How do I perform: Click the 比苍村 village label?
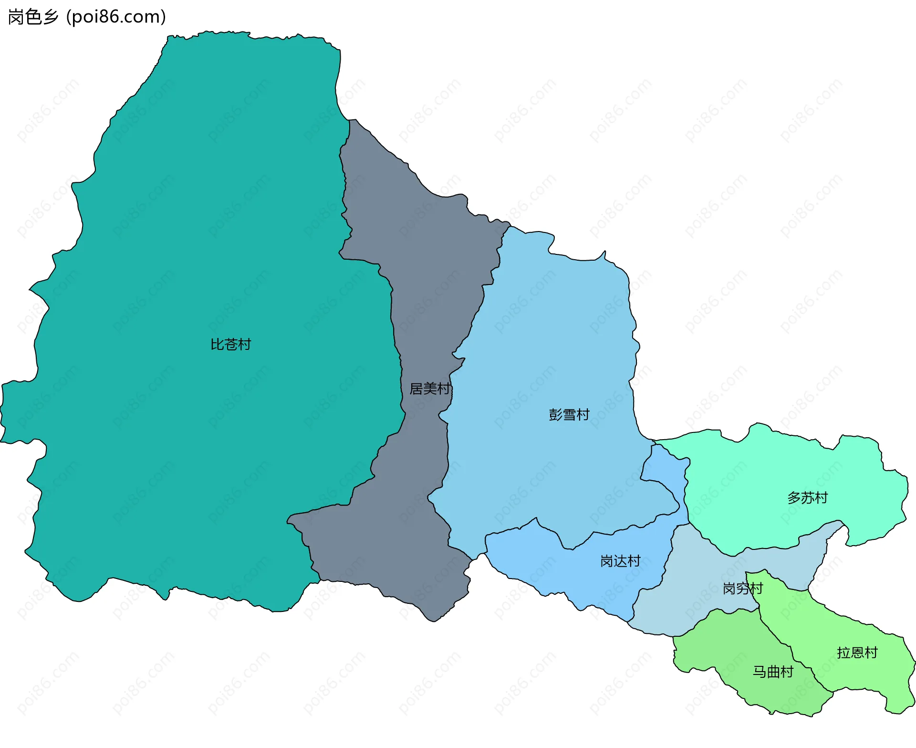click(x=230, y=344)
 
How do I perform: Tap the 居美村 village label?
click(x=430, y=389)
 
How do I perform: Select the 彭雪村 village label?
click(x=569, y=414)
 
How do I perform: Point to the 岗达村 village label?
click(x=620, y=561)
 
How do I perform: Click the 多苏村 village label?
click(x=807, y=498)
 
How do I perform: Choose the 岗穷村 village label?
click(x=743, y=588)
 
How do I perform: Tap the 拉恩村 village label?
click(x=857, y=653)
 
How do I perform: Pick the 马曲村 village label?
click(x=773, y=672)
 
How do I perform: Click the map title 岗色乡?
click(x=33, y=17)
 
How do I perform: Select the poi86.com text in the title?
click(x=116, y=17)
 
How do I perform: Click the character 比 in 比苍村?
click(x=217, y=344)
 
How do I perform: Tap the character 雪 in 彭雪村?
click(x=569, y=414)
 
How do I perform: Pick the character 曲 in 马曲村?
click(x=773, y=672)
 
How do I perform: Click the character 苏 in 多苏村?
click(x=807, y=498)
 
